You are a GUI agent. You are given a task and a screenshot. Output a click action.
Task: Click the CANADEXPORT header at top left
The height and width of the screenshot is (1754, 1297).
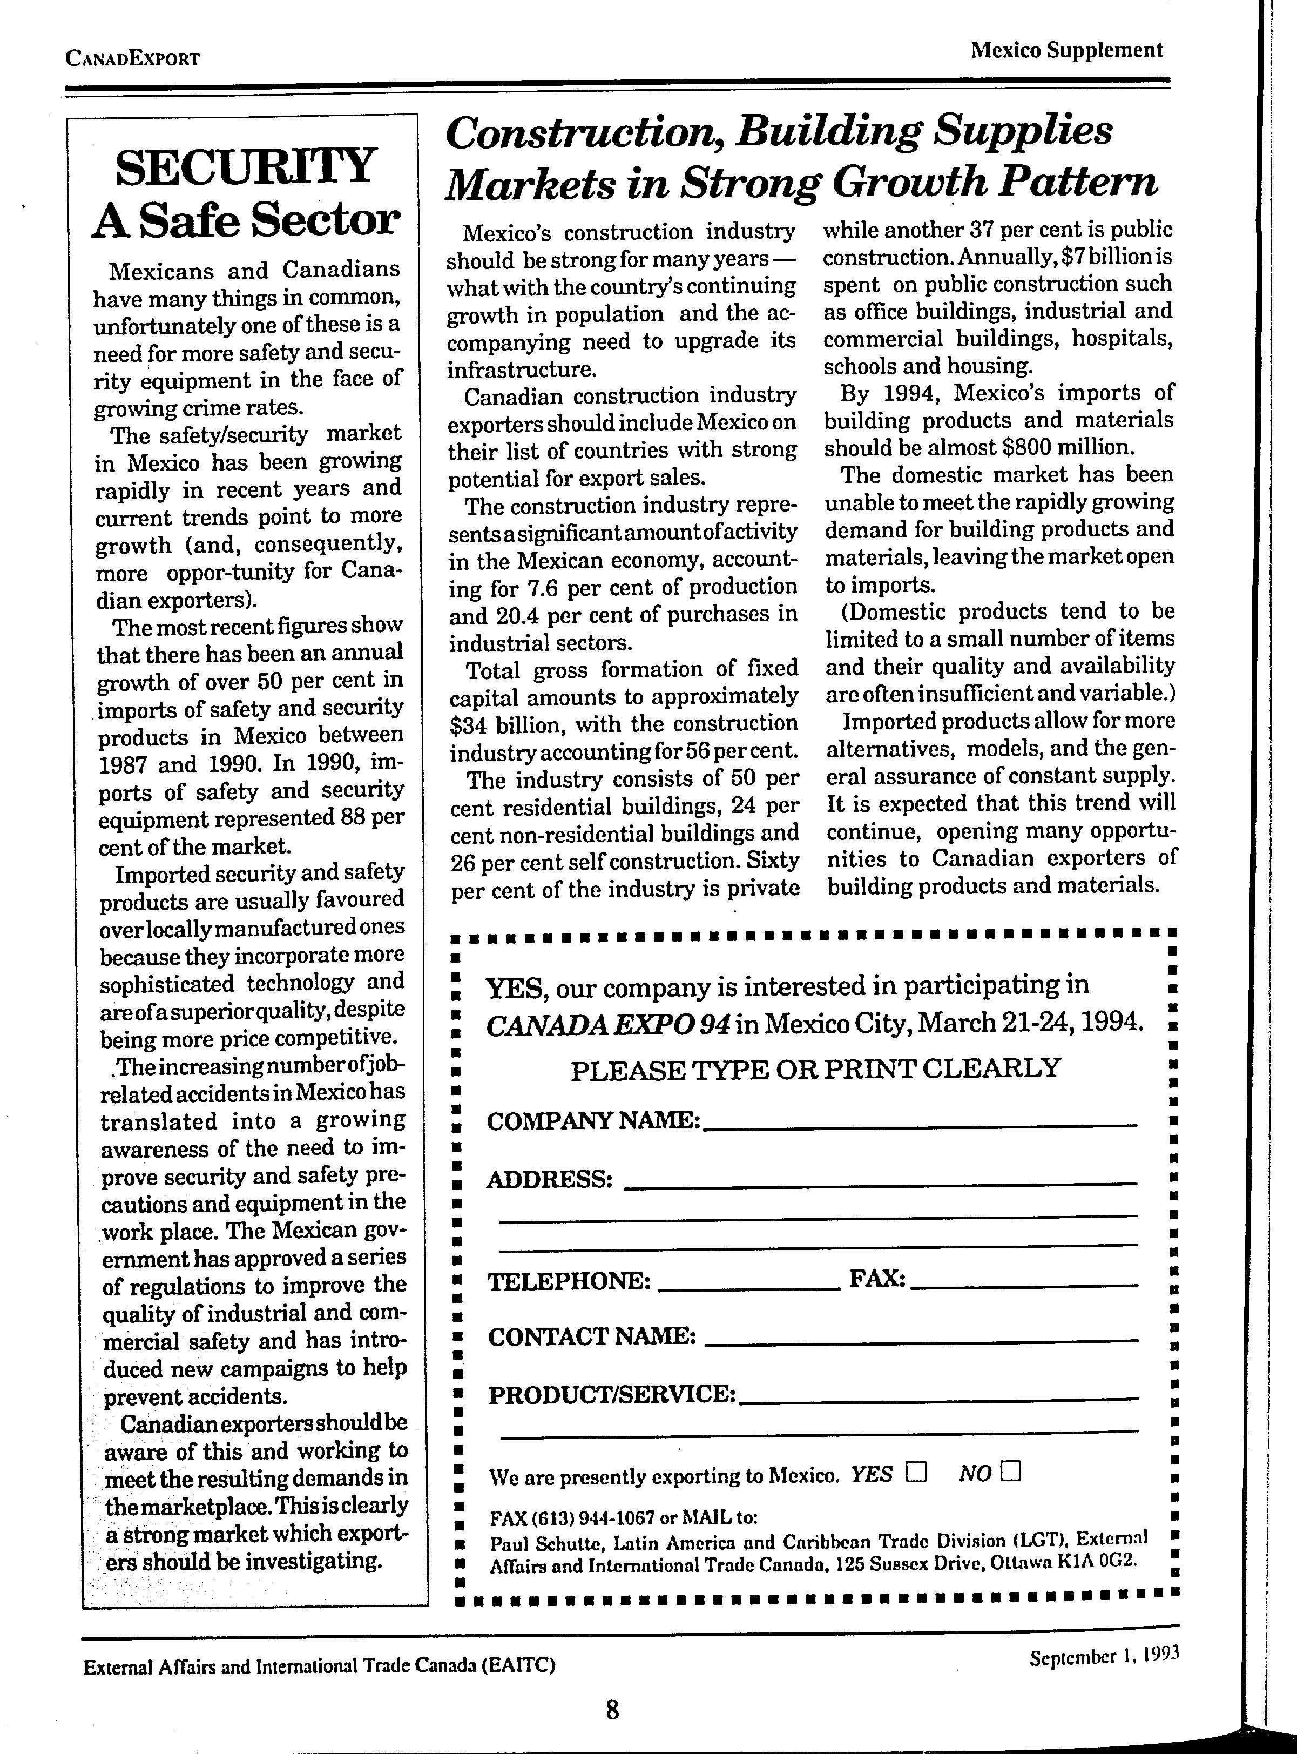[133, 59]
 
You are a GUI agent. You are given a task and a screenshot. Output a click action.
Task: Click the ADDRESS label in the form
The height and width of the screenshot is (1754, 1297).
[549, 1180]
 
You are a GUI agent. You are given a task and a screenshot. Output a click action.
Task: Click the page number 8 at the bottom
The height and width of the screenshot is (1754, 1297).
[613, 1709]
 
